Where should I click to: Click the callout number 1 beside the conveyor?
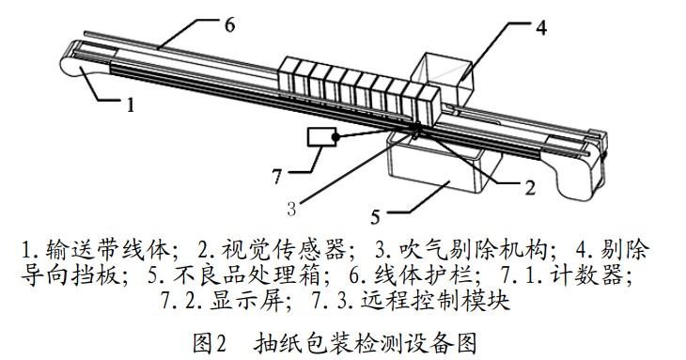[x=131, y=106]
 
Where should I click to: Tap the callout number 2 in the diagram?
[x=529, y=187]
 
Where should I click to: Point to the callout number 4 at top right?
[x=540, y=27]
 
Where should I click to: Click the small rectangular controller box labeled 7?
[x=321, y=137]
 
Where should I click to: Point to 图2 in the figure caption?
[x=209, y=342]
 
